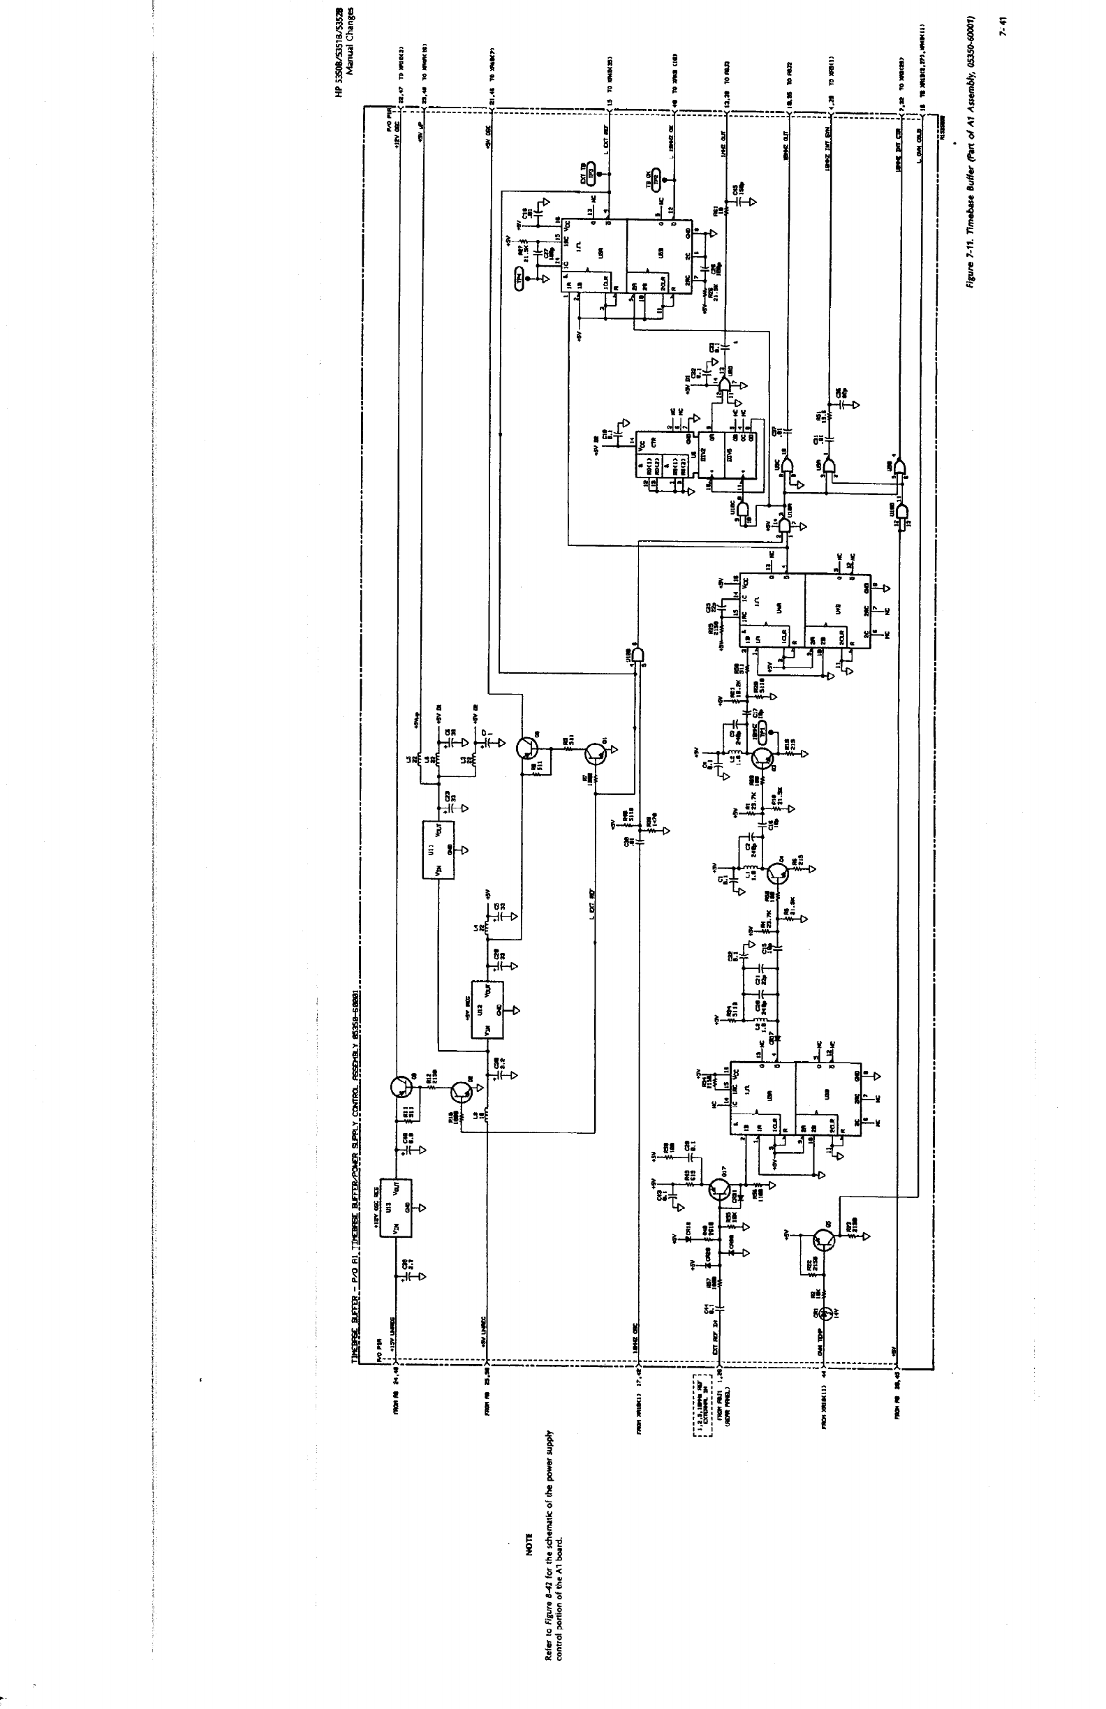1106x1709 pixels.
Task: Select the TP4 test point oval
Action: tap(522, 277)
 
